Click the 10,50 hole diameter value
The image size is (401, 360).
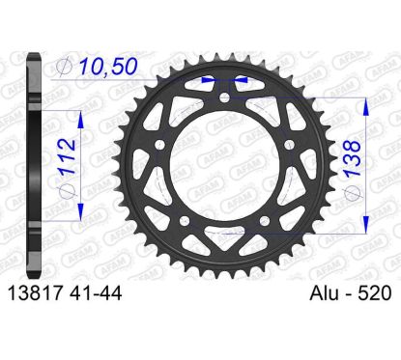point(108,67)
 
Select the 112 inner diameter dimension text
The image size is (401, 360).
point(69,156)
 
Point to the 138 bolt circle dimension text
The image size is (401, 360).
point(352,158)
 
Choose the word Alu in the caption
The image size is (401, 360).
point(325,293)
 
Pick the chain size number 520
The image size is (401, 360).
point(375,293)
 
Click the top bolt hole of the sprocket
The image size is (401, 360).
point(224,97)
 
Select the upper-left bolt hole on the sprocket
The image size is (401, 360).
point(159,145)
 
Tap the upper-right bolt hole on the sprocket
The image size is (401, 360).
point(290,145)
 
